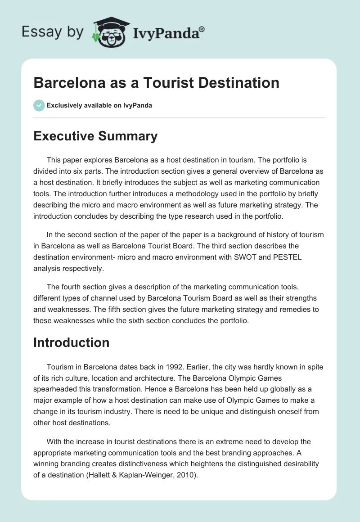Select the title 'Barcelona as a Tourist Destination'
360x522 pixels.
156,83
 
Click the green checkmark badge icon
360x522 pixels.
39,105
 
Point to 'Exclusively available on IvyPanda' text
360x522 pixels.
99,105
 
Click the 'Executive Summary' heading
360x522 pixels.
95,136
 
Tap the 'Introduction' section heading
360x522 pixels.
71,342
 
